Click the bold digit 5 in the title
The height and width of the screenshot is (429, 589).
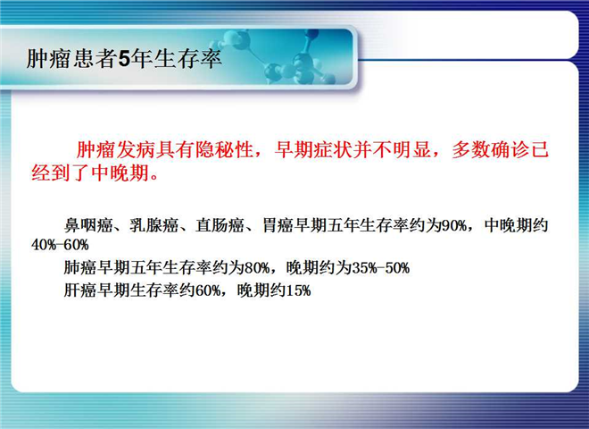pyautogui.click(x=124, y=59)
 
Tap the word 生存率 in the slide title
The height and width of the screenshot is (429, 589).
pyautogui.click(x=187, y=59)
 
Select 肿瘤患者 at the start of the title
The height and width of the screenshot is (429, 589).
pyautogui.click(x=72, y=59)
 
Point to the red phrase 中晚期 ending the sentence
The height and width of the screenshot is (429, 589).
pyautogui.click(x=120, y=173)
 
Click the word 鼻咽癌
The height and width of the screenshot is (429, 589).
pyautogui.click(x=88, y=225)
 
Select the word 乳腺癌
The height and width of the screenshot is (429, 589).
pyautogui.click(x=154, y=225)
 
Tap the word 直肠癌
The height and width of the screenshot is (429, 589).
pyautogui.click(x=220, y=225)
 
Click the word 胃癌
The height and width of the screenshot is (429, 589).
pyautogui.click(x=278, y=225)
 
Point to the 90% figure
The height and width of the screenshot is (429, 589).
pyautogui.click(x=454, y=226)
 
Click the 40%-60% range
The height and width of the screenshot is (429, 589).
pyautogui.click(x=60, y=245)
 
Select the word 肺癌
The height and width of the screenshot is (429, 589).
pyautogui.click(x=80, y=267)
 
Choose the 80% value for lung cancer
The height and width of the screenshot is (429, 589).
pyautogui.click(x=257, y=268)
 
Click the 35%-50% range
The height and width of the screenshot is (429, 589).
pyautogui.click(x=380, y=268)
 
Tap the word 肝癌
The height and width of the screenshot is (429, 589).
pyautogui.click(x=80, y=290)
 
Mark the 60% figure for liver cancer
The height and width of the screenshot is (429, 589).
pyautogui.click(x=208, y=290)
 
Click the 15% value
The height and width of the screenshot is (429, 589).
pyautogui.click(x=299, y=290)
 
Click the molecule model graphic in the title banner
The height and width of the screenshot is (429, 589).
pyautogui.click(x=278, y=56)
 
